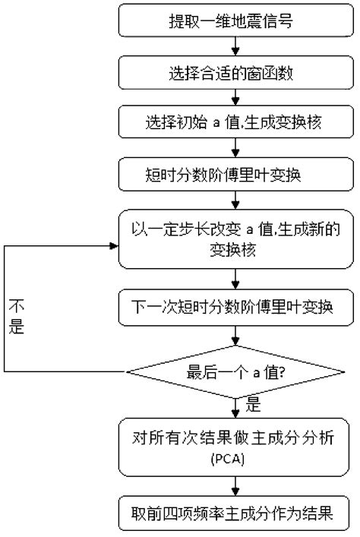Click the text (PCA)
coord(238,460)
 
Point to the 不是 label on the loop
coord(17,317)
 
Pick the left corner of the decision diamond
coord(126,371)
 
